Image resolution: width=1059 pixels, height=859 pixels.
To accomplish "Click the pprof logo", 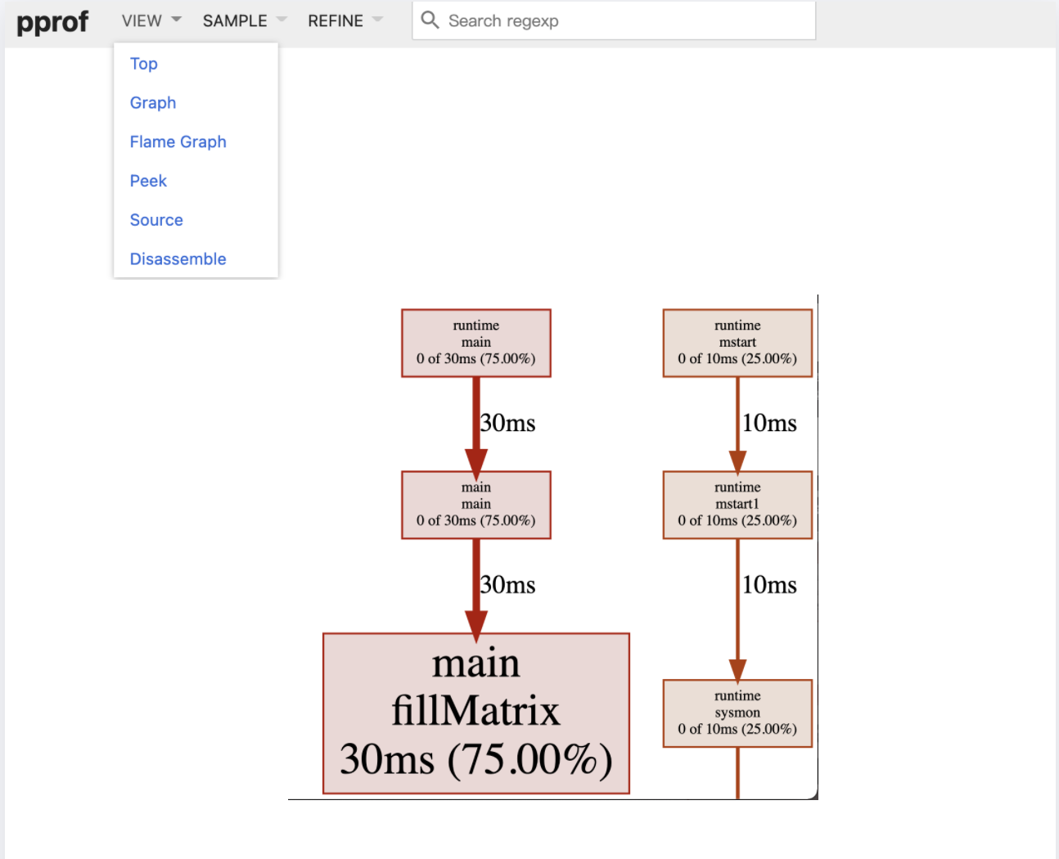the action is tap(52, 22).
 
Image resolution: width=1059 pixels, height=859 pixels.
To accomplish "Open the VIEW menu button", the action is tap(151, 21).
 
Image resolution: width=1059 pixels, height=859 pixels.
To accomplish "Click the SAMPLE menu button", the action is tap(245, 21).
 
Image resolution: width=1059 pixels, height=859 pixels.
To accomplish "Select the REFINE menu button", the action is tap(345, 21).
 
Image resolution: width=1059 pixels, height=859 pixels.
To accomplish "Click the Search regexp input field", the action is tap(614, 20).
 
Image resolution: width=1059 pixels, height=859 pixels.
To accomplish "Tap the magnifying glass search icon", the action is tap(430, 20).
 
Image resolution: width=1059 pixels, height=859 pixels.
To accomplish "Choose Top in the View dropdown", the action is tap(144, 64).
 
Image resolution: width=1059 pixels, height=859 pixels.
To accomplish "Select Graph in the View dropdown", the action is tap(153, 102).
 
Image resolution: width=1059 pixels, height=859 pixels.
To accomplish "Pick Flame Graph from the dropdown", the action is tap(178, 142).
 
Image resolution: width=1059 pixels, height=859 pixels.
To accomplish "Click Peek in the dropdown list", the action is tap(148, 180).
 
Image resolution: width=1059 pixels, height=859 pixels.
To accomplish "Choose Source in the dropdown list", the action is tap(156, 219).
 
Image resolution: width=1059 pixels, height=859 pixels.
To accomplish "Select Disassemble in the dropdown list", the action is tap(178, 259).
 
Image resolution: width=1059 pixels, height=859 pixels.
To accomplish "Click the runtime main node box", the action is tap(475, 343).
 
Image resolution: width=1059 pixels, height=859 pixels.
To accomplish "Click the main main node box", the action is tap(475, 505).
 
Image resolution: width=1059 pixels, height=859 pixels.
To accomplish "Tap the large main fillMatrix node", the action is tap(475, 713).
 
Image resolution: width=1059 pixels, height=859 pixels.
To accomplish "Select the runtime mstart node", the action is tap(737, 343).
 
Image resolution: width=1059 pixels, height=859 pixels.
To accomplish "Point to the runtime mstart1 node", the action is tap(737, 505).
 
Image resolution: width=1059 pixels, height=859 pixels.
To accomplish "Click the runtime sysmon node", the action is tap(737, 713).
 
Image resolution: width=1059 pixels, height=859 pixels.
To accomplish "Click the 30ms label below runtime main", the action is tap(507, 423).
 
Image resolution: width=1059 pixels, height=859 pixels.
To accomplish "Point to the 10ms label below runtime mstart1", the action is tap(769, 585).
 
